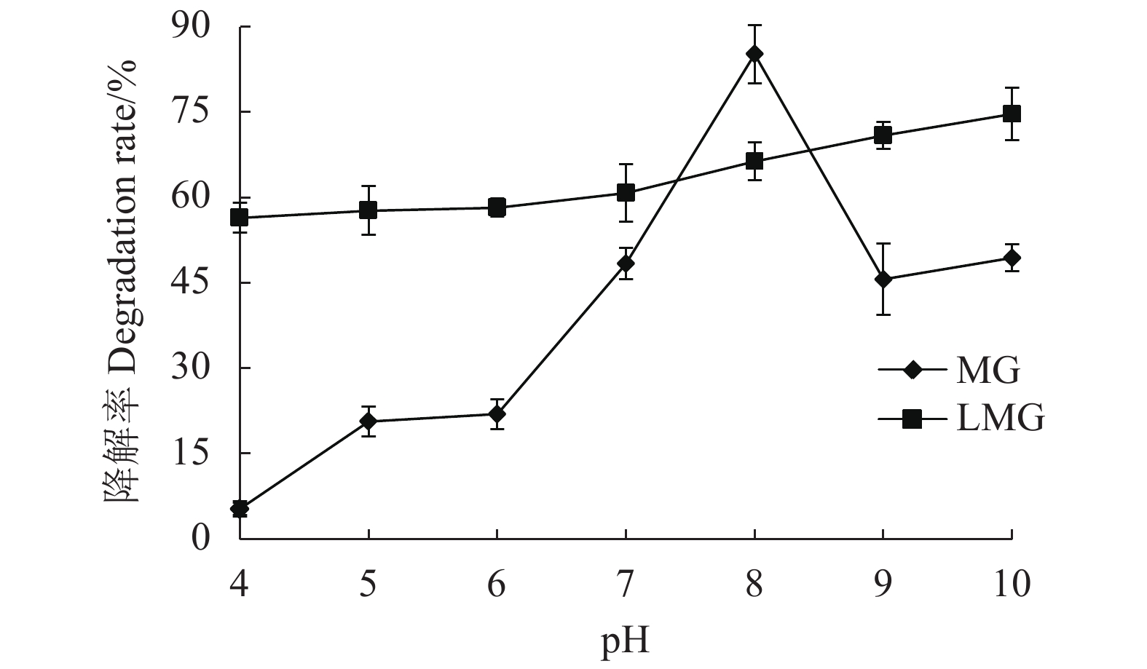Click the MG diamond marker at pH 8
click(x=754, y=53)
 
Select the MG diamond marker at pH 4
click(x=240, y=509)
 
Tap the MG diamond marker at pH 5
click(x=368, y=421)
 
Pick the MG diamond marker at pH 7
click(x=626, y=264)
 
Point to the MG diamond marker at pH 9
click(x=883, y=279)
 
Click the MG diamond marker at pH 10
click(x=1011, y=258)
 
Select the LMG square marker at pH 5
click(x=368, y=210)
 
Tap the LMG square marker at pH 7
click(x=626, y=193)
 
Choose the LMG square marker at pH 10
click(x=1011, y=114)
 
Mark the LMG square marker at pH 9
click(x=883, y=135)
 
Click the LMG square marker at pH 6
click(x=497, y=207)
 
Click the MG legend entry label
click(x=988, y=371)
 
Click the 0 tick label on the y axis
click(x=200, y=538)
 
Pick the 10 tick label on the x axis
click(x=1011, y=584)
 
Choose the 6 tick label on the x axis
click(x=497, y=584)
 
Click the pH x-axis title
click(x=625, y=642)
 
